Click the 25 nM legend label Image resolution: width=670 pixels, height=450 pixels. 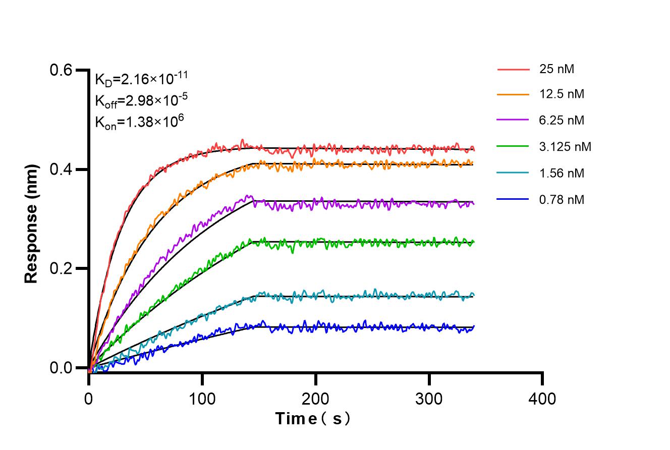point(556,69)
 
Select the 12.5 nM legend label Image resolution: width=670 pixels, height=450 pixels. point(561,94)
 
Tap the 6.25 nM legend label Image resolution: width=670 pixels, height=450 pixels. point(561,121)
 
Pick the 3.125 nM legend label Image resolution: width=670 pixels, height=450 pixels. point(565,147)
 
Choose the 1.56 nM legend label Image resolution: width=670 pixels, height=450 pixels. point(561,173)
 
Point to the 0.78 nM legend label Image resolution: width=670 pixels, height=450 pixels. point(561,200)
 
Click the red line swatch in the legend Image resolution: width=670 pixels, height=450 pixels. point(513,69)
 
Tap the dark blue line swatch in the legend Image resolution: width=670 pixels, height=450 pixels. point(513,200)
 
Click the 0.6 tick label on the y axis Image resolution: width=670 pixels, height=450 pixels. point(61,70)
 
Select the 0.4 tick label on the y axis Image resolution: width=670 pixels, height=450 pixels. point(61,170)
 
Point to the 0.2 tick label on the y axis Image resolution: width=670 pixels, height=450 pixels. point(61,268)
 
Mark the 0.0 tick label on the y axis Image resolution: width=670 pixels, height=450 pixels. point(61,368)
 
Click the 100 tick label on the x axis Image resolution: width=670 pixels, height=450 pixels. point(202,399)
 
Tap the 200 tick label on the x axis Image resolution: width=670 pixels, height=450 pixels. point(316,399)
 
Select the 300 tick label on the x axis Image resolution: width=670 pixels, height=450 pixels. point(429,399)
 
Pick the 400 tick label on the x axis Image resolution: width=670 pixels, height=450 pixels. point(542,399)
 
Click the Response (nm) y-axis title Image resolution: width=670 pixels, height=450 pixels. point(32,223)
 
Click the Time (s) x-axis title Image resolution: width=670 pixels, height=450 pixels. point(313,419)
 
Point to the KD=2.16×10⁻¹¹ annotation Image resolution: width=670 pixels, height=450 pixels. point(142,79)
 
